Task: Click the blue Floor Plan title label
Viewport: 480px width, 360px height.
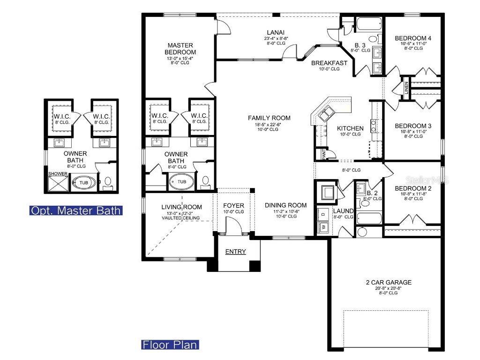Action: pos(170,345)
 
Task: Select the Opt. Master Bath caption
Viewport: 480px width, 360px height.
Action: pos(75,211)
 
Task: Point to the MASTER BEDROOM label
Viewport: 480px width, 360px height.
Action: pos(180,49)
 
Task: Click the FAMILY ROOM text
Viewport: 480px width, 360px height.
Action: pos(269,118)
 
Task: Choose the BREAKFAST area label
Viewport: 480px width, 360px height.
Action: pos(329,63)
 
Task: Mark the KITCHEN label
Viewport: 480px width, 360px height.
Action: pos(350,128)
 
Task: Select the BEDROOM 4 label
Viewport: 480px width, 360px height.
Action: pos(413,38)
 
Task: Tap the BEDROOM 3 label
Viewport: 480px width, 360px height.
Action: pos(413,126)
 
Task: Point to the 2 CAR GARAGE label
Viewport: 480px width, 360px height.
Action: pos(389,282)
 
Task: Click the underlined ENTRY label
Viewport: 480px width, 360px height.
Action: pos(235,252)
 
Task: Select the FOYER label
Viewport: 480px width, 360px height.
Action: pos(233,205)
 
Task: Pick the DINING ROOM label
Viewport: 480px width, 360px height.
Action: pos(285,205)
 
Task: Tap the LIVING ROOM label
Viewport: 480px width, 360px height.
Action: pos(181,207)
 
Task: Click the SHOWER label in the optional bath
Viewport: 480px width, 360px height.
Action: pos(58,174)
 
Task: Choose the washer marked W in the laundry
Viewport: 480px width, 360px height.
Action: pos(323,227)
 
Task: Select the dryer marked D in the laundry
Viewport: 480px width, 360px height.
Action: pos(323,213)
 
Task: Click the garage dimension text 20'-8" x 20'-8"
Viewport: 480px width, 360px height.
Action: pos(389,288)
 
